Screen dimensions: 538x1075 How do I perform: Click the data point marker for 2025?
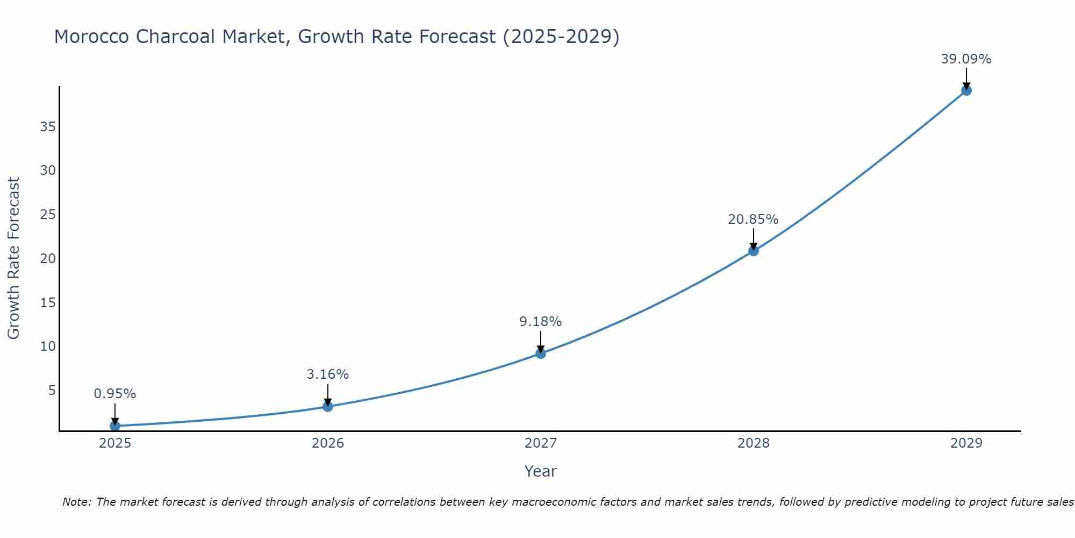tap(115, 426)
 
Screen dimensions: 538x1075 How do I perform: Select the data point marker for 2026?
tap(328, 406)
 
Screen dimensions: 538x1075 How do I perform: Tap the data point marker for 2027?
tap(541, 353)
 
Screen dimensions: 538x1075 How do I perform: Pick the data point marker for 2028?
tap(754, 251)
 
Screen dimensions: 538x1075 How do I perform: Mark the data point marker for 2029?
tap(966, 90)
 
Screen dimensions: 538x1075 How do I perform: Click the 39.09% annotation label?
tap(966, 59)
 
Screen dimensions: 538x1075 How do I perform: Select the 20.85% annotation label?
tap(753, 220)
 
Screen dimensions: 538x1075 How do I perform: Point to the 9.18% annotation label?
tap(540, 322)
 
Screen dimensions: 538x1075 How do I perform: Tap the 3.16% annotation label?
tap(328, 374)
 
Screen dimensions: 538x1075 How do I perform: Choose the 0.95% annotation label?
tap(115, 394)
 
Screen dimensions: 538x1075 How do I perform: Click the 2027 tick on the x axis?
tap(541, 443)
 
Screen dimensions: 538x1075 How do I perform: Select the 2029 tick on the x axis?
tap(966, 443)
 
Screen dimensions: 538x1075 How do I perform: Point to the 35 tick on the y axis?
tap(48, 127)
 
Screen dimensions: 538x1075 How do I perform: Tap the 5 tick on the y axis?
tap(52, 390)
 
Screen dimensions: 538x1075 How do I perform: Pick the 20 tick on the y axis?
tap(48, 259)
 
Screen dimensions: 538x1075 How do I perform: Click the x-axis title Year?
tap(540, 471)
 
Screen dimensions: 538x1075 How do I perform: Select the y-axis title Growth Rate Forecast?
tap(14, 258)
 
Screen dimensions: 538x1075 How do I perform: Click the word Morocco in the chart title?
tap(91, 37)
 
